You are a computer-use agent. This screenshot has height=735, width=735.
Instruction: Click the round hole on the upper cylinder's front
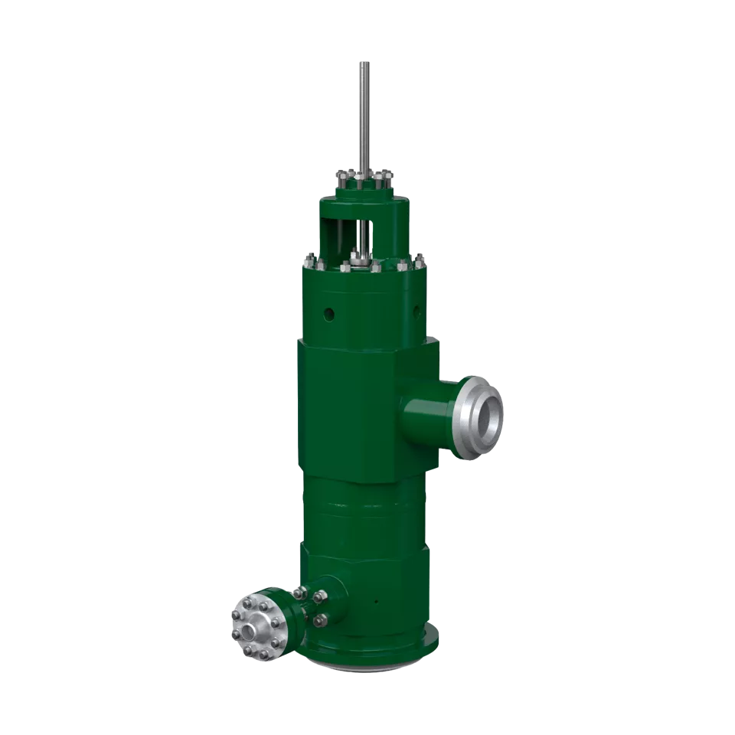pos(329,314)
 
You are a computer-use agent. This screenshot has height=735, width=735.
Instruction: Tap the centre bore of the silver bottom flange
pos(250,630)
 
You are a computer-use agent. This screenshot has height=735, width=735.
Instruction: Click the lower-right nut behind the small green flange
pos(320,619)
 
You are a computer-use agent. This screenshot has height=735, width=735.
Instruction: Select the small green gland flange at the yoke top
pos(364,183)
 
